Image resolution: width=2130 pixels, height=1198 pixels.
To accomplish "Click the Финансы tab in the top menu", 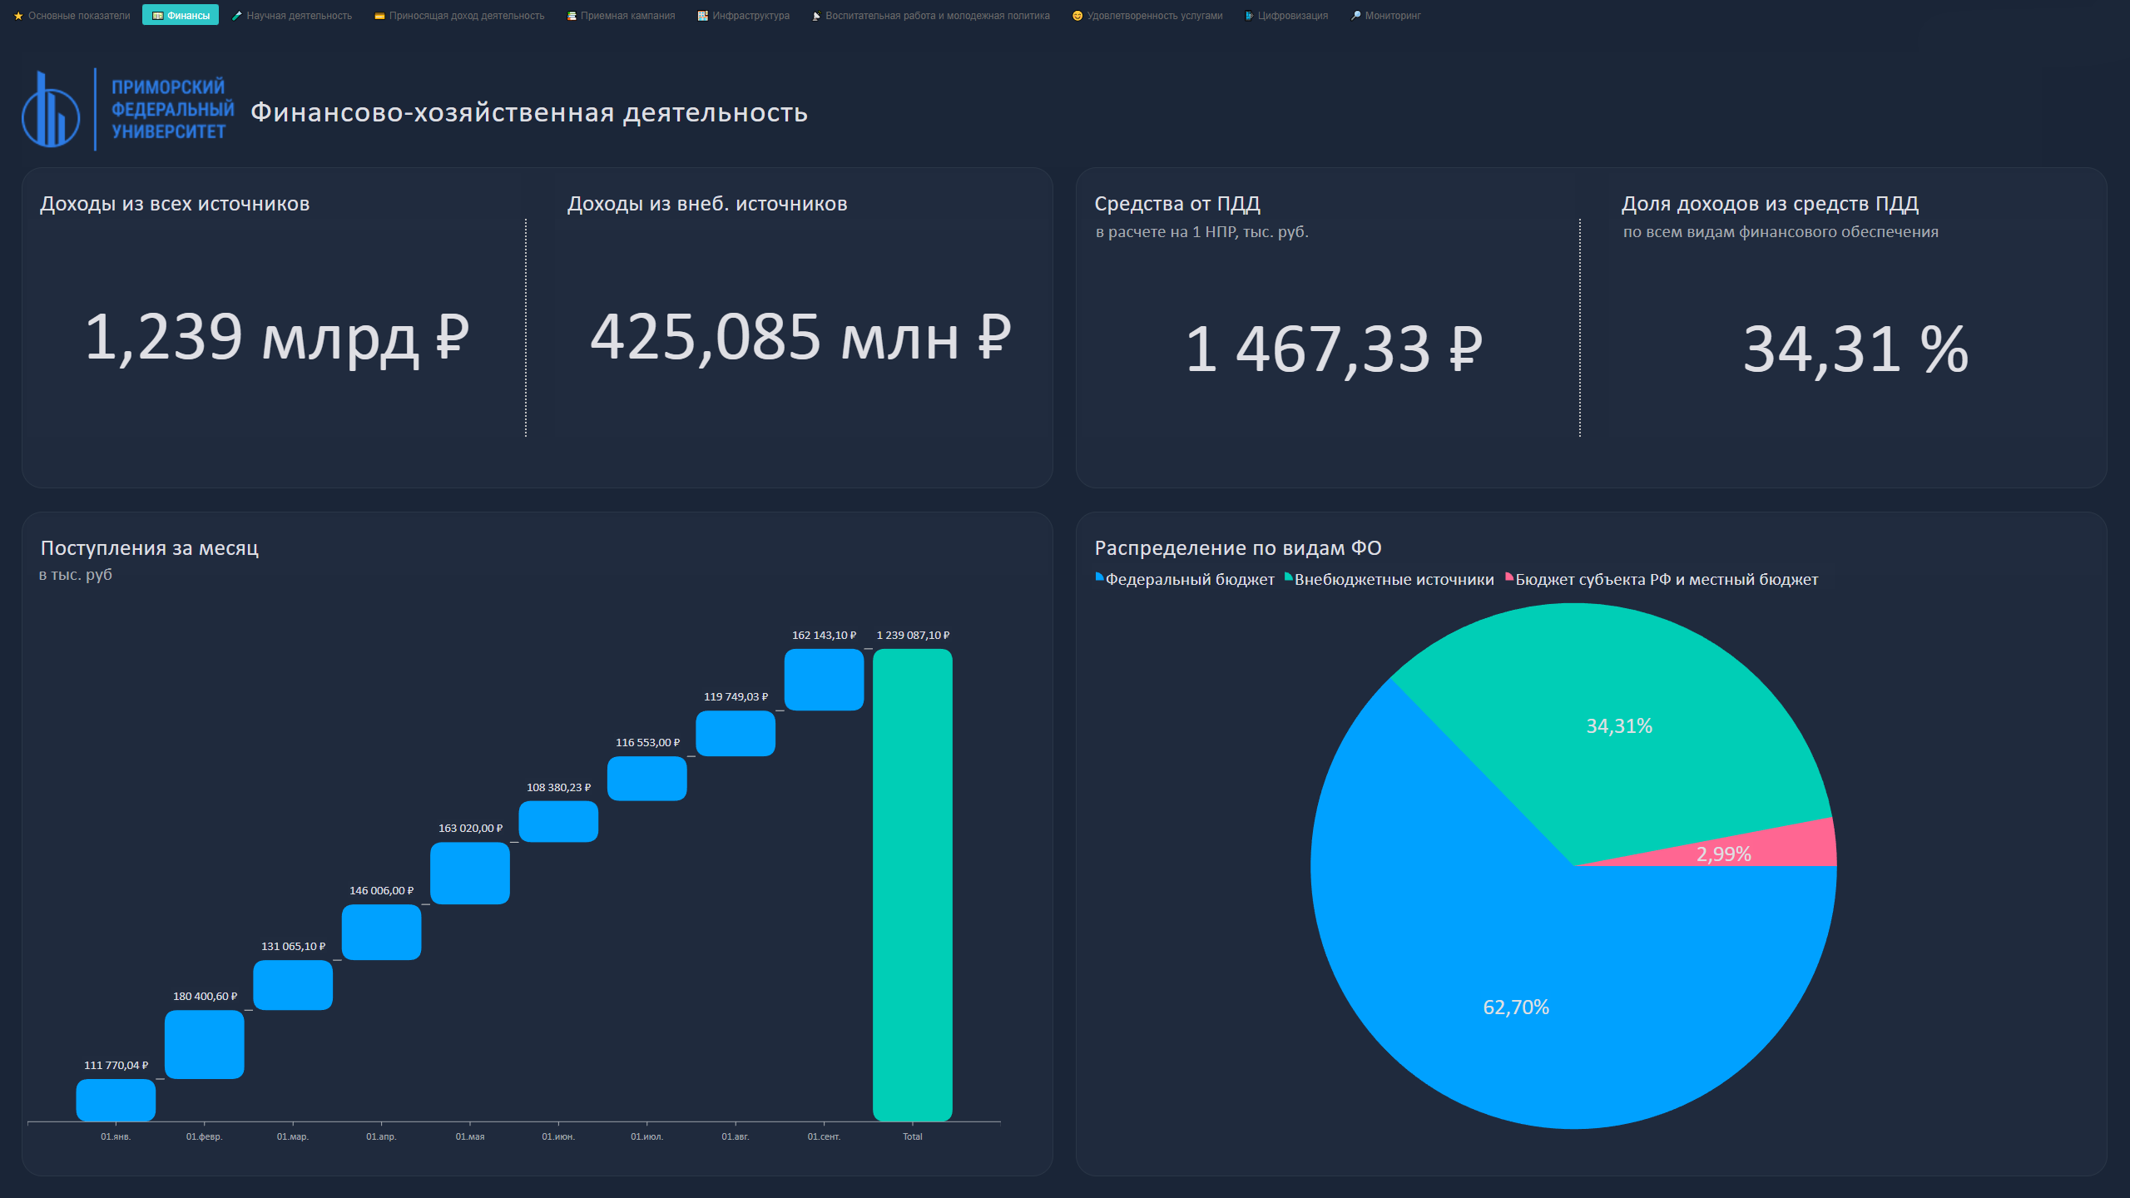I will pos(181,16).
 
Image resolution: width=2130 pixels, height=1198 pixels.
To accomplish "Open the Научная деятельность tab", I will pos(292,16).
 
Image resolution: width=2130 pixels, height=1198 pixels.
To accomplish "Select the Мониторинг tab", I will pos(1386,16).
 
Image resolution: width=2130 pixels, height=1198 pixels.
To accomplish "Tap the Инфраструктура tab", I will pos(744,16).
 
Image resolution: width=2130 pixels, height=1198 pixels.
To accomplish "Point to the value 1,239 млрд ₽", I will pos(276,338).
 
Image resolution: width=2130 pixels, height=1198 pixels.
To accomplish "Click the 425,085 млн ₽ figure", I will pos(800,338).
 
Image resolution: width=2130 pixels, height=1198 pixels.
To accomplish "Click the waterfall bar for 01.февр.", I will pos(204,1044).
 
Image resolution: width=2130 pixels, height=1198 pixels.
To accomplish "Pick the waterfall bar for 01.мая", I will pos(470,873).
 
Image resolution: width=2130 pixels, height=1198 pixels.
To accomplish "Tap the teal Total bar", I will pos(912,884).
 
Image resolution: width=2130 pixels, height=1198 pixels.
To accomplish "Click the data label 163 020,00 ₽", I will pos(470,829).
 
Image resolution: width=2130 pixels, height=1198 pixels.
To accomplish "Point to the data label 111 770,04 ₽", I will pos(116,1066).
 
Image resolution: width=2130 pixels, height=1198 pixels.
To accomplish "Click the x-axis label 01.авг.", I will pos(735,1136).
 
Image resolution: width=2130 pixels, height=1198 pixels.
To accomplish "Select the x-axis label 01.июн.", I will pos(558,1136).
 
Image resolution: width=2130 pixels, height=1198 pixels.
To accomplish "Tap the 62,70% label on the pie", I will pos(1516,1007).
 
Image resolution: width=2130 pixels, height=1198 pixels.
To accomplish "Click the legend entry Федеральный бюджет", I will pos(1189,580).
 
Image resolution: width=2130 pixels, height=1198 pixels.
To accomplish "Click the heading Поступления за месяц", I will pos(150,548).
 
